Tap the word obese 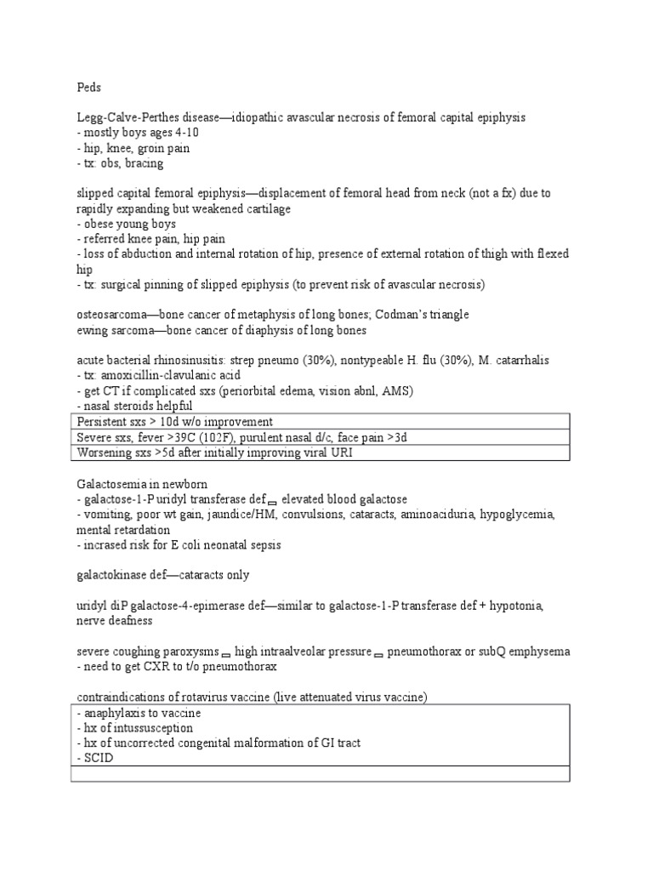tap(102, 224)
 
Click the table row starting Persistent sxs tap(174, 422)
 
